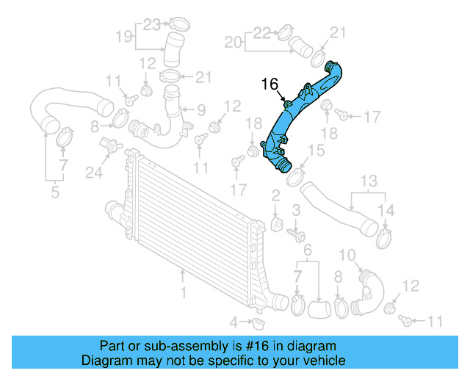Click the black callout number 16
click(x=270, y=85)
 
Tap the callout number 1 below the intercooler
click(x=184, y=293)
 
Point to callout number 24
click(x=93, y=173)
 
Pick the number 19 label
click(x=124, y=35)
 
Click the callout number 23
click(x=151, y=23)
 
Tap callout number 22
click(x=262, y=32)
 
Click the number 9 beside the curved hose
click(x=200, y=110)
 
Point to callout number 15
click(x=315, y=151)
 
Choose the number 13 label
click(x=367, y=181)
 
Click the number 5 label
click(x=55, y=193)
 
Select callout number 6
click(x=308, y=250)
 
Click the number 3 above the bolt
click(x=296, y=211)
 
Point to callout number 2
click(x=275, y=195)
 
